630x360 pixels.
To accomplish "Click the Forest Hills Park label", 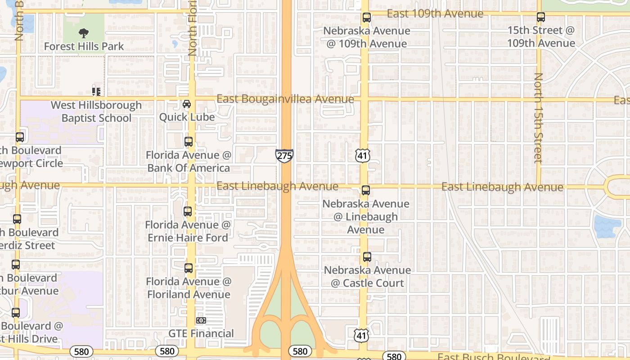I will click(84, 46).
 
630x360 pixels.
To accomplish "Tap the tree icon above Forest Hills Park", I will click(83, 33).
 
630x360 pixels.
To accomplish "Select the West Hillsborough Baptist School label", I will click(96, 112).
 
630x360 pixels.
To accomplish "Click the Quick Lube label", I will click(187, 117).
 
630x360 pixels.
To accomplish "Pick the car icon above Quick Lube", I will click(187, 104).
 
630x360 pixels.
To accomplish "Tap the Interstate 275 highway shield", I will click(284, 156).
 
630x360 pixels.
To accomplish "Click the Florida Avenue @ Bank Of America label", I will click(189, 162).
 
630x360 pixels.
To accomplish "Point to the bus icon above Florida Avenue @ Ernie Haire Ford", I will click(188, 211).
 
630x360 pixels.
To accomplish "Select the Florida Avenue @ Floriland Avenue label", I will click(189, 288).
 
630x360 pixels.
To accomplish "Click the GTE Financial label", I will click(201, 333).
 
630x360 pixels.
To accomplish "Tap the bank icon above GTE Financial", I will click(201, 320).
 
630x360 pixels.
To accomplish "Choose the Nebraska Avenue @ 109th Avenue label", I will click(367, 37).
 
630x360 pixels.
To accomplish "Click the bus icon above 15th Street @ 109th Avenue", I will click(541, 18).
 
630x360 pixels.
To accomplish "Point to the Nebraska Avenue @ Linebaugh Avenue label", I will click(366, 216).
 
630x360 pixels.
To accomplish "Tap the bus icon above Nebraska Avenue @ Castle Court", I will click(367, 257).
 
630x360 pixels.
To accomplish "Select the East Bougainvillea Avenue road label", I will click(285, 99).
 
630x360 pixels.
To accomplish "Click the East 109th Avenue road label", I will click(435, 14).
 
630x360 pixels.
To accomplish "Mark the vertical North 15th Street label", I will click(538, 118).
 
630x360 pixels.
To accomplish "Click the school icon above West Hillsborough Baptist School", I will click(96, 91).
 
